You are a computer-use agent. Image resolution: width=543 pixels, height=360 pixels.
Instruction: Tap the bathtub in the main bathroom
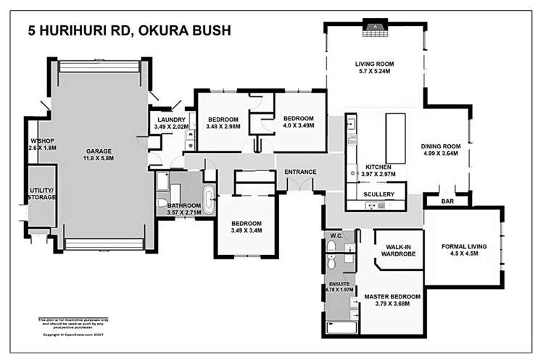click(x=209, y=199)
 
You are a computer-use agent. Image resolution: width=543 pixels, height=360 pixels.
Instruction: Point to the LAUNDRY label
click(x=170, y=120)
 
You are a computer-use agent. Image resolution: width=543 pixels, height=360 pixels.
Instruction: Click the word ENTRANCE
click(x=300, y=172)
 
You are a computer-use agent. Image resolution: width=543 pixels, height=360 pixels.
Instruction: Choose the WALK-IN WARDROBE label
click(x=398, y=251)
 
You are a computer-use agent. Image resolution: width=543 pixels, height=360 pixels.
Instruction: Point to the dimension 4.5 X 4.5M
click(x=464, y=255)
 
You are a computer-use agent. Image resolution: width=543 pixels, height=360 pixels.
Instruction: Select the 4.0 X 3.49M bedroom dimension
click(x=298, y=128)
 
